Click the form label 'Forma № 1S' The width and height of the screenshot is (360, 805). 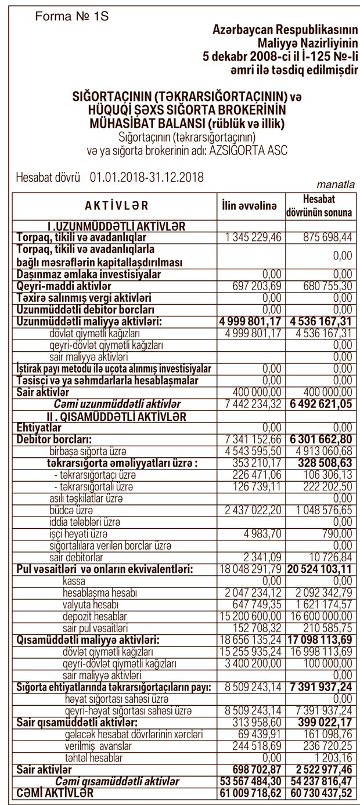[x=72, y=17]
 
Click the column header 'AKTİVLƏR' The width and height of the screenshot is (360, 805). [x=116, y=205]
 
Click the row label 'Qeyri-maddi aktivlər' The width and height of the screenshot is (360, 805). [x=64, y=286]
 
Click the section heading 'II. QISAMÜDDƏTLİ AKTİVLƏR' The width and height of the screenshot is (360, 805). [x=117, y=416]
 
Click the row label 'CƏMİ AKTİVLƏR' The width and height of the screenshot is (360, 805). [x=55, y=792]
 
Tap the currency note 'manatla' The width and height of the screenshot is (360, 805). [x=335, y=185]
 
